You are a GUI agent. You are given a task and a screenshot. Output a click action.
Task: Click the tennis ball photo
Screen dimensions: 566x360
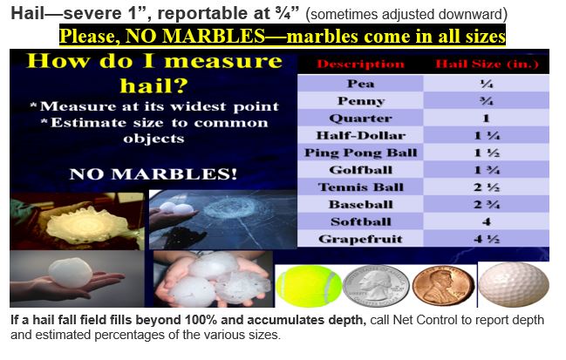tap(308, 286)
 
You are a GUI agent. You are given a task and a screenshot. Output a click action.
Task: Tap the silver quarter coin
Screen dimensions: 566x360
tap(376, 286)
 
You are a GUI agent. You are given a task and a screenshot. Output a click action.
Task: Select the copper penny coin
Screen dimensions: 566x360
tap(443, 286)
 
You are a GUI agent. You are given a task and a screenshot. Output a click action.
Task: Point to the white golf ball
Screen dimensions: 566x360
tap(514, 285)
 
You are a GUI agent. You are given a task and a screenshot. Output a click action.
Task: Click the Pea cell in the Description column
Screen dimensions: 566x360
tap(360, 84)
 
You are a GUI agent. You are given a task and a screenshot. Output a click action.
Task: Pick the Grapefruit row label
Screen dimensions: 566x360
tap(360, 239)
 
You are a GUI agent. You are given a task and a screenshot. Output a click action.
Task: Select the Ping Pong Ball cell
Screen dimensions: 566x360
tap(360, 153)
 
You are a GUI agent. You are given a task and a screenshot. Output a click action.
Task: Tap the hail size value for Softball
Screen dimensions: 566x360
tap(487, 221)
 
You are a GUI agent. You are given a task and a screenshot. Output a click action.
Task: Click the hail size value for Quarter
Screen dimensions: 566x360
tap(487, 119)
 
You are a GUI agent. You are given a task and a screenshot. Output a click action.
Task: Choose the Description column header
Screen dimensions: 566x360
tap(360, 65)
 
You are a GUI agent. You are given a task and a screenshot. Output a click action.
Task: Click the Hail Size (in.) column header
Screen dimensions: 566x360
tap(487, 65)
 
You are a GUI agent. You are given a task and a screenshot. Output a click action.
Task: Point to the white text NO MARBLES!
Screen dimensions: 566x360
tap(153, 173)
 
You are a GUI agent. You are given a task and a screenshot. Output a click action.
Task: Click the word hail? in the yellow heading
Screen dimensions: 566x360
tap(154, 85)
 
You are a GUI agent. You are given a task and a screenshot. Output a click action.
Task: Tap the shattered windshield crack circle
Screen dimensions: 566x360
tap(228, 208)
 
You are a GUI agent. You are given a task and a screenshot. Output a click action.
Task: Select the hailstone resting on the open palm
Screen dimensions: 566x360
tap(71, 273)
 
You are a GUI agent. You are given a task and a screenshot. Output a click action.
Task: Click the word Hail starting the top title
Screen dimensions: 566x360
tap(28, 14)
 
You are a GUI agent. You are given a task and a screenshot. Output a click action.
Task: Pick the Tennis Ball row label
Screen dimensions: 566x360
tap(360, 187)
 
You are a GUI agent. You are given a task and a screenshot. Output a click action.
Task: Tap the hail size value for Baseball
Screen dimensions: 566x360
tap(487, 205)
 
